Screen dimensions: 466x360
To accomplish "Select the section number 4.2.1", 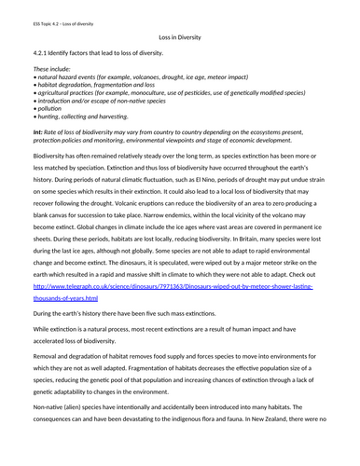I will point(43,54).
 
